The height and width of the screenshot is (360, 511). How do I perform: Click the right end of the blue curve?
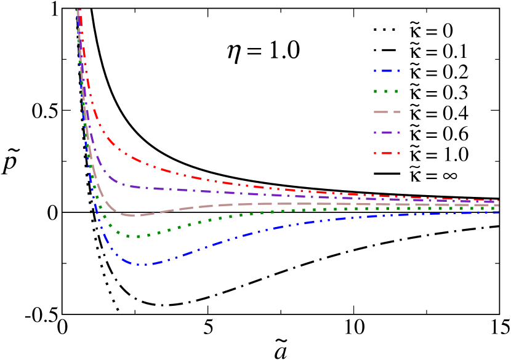coord(497,212)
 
